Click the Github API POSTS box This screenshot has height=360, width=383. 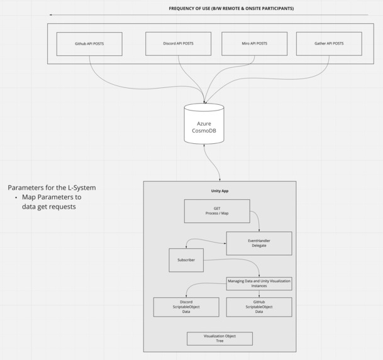tap(89, 44)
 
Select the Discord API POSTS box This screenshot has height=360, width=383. tap(178, 44)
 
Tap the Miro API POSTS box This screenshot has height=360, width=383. tap(254, 44)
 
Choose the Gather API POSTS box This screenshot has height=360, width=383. tap(329, 44)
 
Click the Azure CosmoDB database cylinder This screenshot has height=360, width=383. tap(204, 124)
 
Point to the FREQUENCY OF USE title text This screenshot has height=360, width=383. tap(231, 9)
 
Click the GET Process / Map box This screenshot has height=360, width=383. tap(216, 211)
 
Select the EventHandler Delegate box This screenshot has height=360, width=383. tap(258, 243)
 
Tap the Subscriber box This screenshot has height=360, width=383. tap(186, 260)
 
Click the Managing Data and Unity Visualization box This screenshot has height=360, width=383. tap(258, 283)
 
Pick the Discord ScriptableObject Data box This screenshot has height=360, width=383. tap(186, 307)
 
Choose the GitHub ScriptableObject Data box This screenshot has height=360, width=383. tap(258, 307)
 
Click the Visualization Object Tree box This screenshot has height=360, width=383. tap(219, 339)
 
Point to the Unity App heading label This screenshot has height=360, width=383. tap(219, 190)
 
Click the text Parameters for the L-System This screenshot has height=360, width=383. tap(52, 188)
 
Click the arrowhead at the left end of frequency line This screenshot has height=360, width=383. tap(51, 15)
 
